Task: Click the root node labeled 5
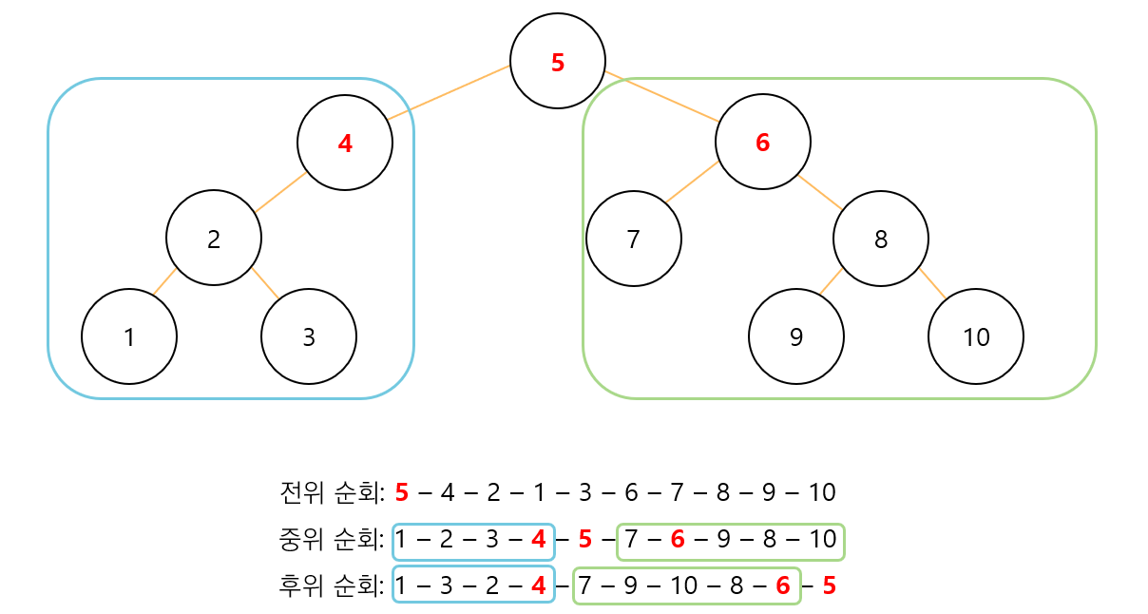(x=558, y=61)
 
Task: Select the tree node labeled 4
(x=345, y=143)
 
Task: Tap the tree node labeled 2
(x=214, y=238)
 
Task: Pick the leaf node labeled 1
(x=129, y=336)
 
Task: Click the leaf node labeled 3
(x=309, y=336)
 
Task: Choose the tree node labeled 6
(x=763, y=142)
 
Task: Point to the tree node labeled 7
(x=634, y=239)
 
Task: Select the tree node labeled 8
(x=881, y=239)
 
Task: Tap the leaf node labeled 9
(x=796, y=336)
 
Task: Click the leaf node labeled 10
(x=976, y=336)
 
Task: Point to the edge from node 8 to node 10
(x=932, y=284)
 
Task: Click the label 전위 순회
(x=332, y=492)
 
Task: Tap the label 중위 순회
(x=332, y=540)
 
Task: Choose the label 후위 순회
(x=332, y=585)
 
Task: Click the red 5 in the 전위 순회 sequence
(x=402, y=492)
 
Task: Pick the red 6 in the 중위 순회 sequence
(x=678, y=540)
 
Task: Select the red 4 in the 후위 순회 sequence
(x=539, y=585)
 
